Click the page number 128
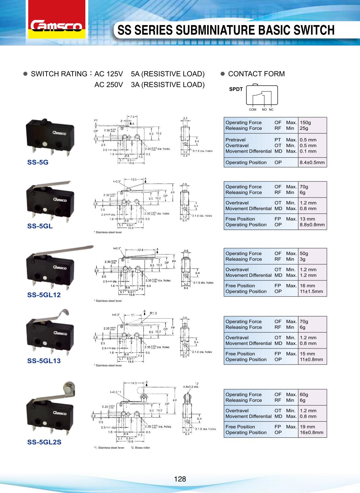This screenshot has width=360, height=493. click(x=180, y=479)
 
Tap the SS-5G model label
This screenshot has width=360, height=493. click(x=38, y=162)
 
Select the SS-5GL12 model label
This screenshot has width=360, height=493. click(x=44, y=295)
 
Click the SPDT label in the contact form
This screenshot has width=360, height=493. click(x=236, y=89)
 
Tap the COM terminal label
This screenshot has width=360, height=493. click(x=253, y=110)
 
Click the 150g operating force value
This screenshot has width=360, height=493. click(x=305, y=122)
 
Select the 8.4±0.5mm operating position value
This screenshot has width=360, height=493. click(x=312, y=162)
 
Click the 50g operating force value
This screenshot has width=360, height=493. click(x=304, y=253)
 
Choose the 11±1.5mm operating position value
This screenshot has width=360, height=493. click(x=311, y=291)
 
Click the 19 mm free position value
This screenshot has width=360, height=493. click(x=307, y=427)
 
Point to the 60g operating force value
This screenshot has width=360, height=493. click(x=304, y=394)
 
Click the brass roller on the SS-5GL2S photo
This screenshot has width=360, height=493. click(x=68, y=386)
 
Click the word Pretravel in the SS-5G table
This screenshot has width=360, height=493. click(x=235, y=140)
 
